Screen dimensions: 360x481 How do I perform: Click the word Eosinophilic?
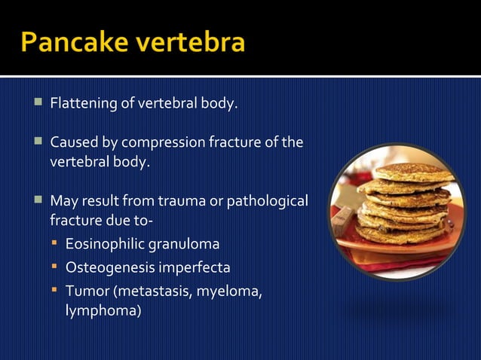tap(104, 245)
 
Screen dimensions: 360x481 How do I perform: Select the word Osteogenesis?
tap(107, 267)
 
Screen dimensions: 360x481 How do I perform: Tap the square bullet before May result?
tap(38, 202)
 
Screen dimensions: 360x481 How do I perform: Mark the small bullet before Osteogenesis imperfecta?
tap(54, 267)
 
